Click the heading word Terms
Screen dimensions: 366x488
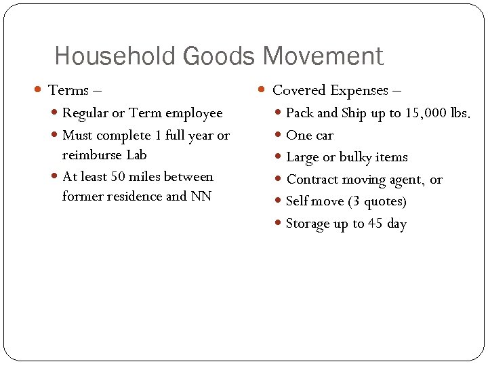(68, 90)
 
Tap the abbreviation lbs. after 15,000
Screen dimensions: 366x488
(460, 113)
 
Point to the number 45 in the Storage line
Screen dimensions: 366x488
(375, 224)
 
